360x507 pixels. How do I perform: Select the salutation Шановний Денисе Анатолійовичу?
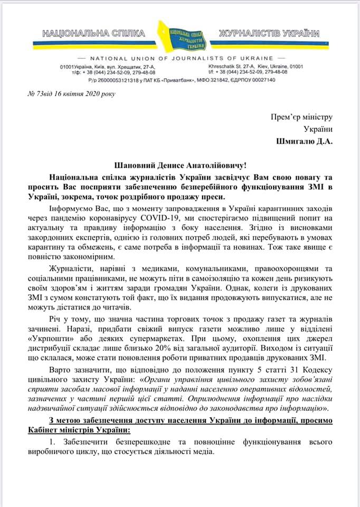[x=179, y=165]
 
